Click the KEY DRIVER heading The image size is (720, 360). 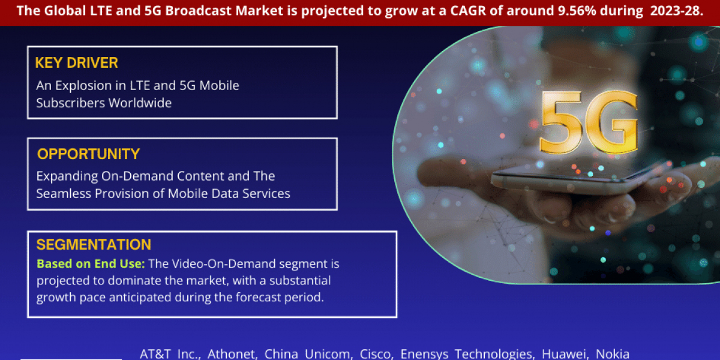[x=77, y=62]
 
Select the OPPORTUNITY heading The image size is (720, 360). [x=88, y=154]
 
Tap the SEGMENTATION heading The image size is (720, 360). [x=94, y=245]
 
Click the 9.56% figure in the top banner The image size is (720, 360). [x=577, y=11]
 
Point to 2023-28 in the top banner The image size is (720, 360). [x=677, y=11]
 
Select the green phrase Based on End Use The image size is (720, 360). [x=91, y=264]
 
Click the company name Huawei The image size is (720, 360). [x=565, y=354]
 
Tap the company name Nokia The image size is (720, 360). [x=613, y=354]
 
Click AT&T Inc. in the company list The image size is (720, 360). [x=170, y=354]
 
